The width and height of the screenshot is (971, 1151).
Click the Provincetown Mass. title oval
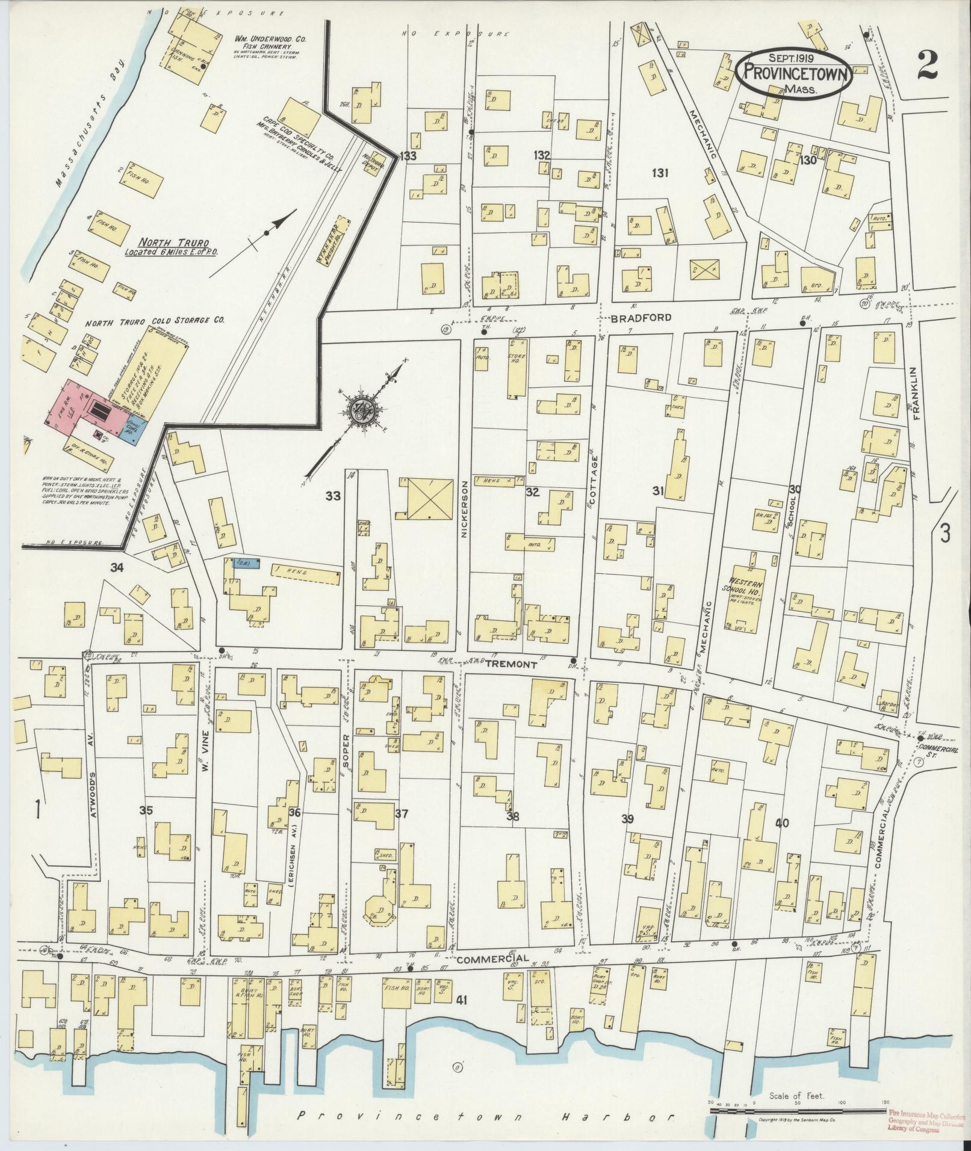pyautogui.click(x=793, y=73)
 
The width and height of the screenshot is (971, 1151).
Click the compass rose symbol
pyautogui.click(x=365, y=410)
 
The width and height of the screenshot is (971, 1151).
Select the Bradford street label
pyautogui.click(x=641, y=318)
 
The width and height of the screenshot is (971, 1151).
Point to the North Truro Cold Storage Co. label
pyautogui.click(x=155, y=321)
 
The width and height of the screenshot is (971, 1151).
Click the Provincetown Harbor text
pyautogui.click(x=485, y=1117)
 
